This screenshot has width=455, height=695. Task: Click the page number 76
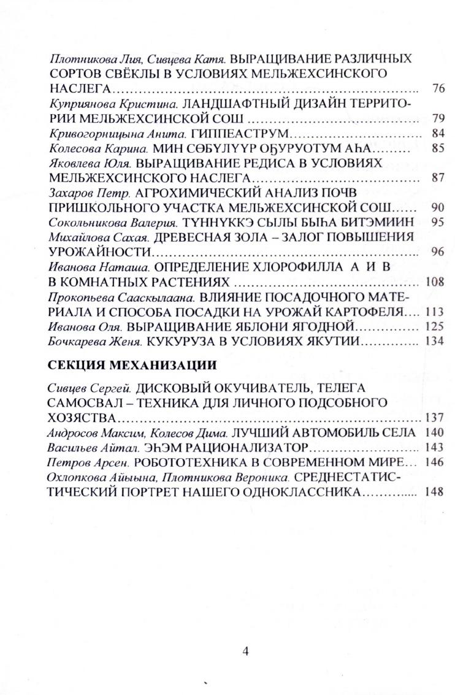438,89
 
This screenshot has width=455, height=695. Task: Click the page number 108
435,282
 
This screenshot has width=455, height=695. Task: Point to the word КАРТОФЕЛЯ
369,311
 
